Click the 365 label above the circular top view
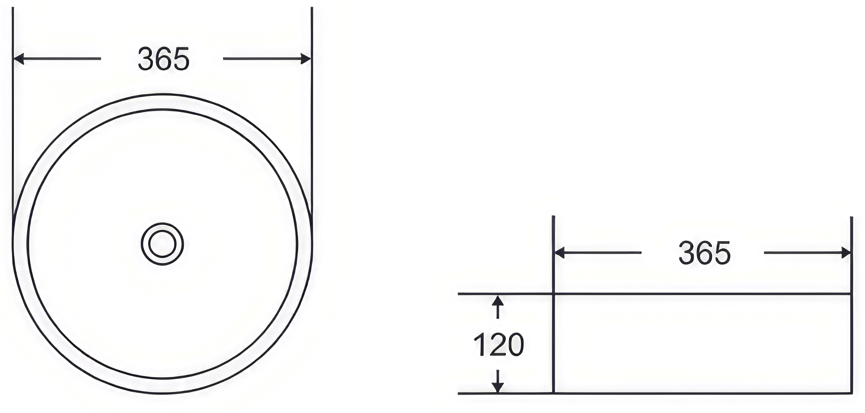click(164, 59)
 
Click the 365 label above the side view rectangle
click(705, 253)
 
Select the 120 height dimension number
click(499, 345)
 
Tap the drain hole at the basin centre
click(162, 244)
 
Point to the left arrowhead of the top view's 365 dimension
click(19, 58)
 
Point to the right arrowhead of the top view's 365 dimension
click(305, 58)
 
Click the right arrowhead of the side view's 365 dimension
click(845, 252)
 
